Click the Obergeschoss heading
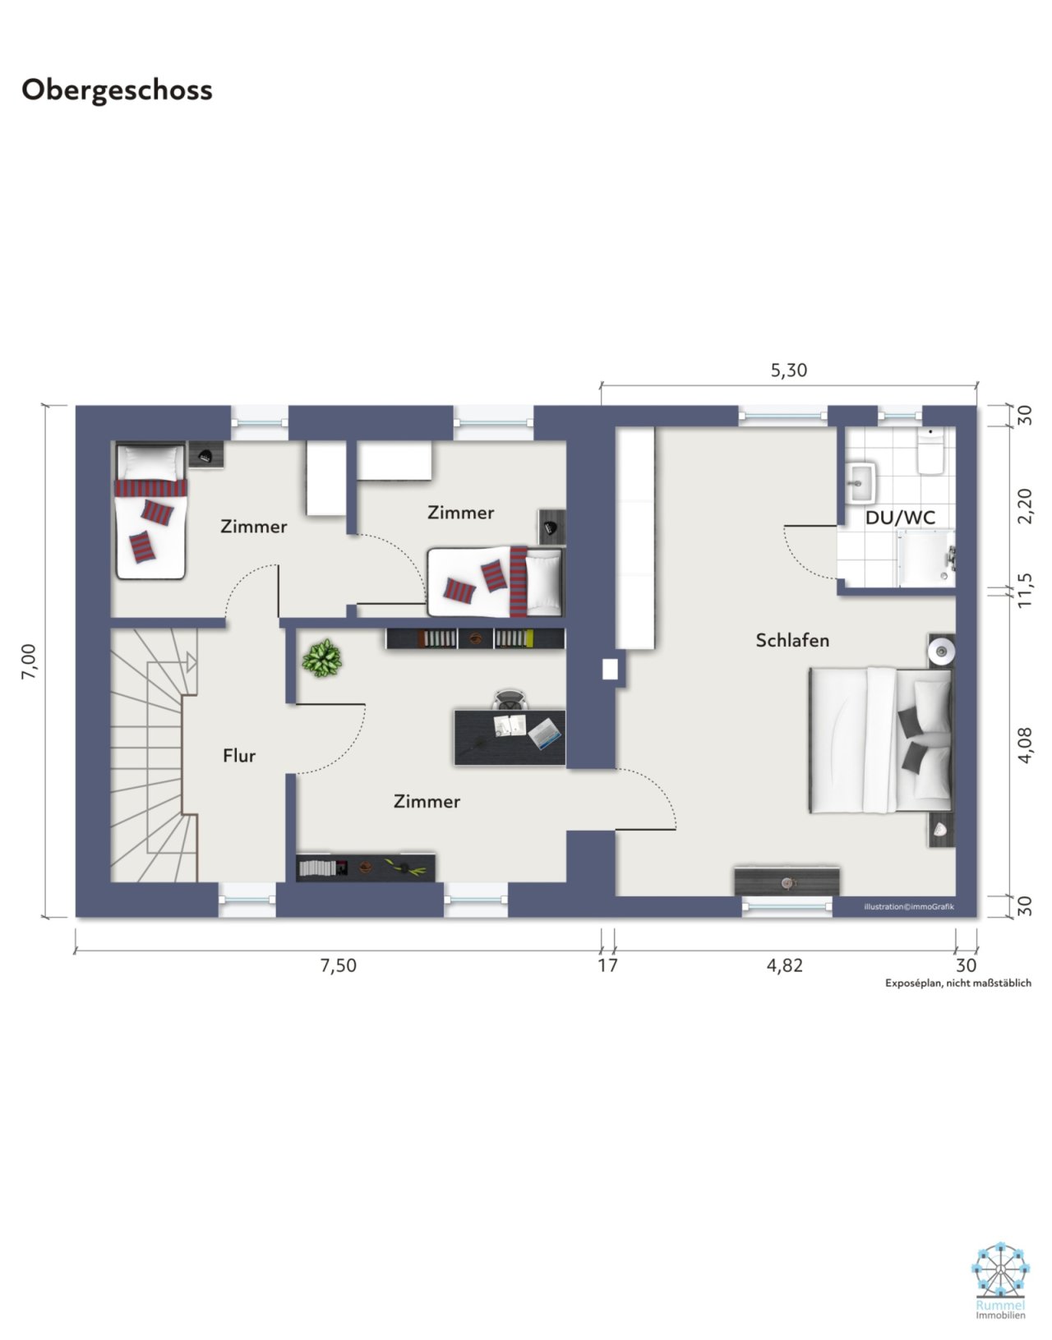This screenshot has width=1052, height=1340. (x=117, y=90)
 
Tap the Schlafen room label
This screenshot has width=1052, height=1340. (x=791, y=641)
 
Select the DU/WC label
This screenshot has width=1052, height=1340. (x=900, y=518)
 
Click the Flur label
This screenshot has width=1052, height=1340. (x=239, y=755)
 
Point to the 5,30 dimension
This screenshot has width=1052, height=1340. (x=789, y=371)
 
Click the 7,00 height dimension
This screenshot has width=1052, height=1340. (x=29, y=661)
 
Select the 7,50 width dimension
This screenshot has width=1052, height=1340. (x=338, y=965)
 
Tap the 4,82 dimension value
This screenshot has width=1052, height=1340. (x=784, y=965)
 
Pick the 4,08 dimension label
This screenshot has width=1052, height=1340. (x=1024, y=745)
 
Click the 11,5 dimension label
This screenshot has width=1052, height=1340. (x=1024, y=590)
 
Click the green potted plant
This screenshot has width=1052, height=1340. (x=322, y=658)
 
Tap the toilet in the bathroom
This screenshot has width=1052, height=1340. (x=930, y=451)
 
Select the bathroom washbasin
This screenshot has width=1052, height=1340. (x=861, y=481)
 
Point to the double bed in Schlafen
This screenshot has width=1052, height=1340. (x=880, y=740)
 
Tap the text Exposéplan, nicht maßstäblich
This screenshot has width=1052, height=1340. (x=958, y=983)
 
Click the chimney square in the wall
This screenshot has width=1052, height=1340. (x=610, y=669)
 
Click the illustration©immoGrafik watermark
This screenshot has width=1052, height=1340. (x=909, y=906)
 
